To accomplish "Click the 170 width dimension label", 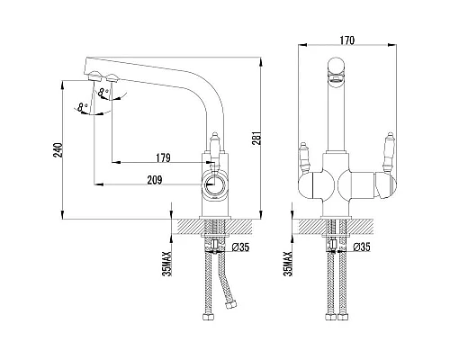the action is pyautogui.click(x=347, y=40).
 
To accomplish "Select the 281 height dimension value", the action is pyautogui.click(x=256, y=138).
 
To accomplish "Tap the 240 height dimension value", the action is pyautogui.click(x=58, y=150).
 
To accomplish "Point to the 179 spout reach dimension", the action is pyautogui.click(x=163, y=157).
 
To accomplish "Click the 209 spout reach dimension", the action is pyautogui.click(x=155, y=180).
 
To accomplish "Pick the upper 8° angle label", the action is pyautogui.click(x=103, y=93).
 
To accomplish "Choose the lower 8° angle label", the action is pyautogui.click(x=82, y=107).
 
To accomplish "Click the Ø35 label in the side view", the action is pyautogui.click(x=241, y=247).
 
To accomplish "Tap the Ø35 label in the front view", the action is pyautogui.click(x=362, y=247).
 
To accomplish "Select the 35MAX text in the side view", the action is pyautogui.click(x=167, y=264).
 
